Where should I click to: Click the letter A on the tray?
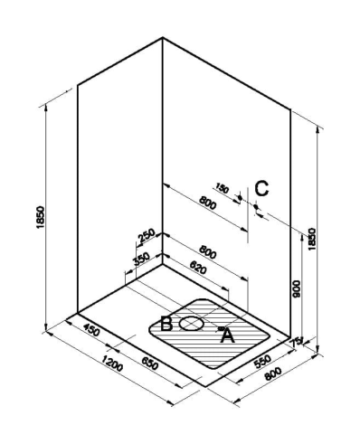pos(228,335)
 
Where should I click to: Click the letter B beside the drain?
pos(166,324)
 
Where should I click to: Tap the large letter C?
pos(261,189)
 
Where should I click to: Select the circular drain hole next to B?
pos(192,324)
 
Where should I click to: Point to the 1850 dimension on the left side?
pos(41,217)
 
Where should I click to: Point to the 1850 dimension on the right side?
pos(312,239)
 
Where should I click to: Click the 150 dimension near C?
pos(223,188)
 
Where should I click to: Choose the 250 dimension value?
pos(147,236)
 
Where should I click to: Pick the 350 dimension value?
pos(141,259)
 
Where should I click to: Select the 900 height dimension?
pos(297,288)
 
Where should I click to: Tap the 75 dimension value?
pos(295,342)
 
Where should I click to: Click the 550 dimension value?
pos(262,362)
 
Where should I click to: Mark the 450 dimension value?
pos(91,329)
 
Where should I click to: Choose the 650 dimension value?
pos(149,364)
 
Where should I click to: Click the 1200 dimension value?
pos(112,363)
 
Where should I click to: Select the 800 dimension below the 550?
pos(272,373)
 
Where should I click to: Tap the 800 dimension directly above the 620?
pos(208,252)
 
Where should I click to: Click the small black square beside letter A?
pos(221,327)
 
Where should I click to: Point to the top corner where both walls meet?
pos(163,38)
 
